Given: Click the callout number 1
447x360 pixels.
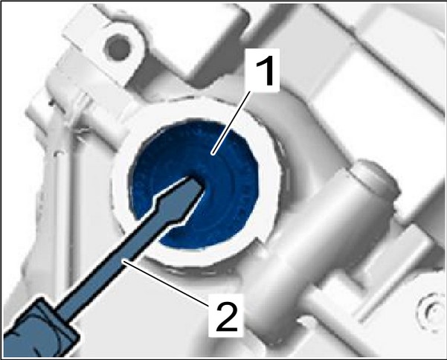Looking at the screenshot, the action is pyautogui.click(x=264, y=71).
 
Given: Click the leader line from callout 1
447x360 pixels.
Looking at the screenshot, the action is pyautogui.click(x=231, y=123).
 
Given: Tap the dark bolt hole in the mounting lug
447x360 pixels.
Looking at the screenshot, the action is pyautogui.click(x=116, y=47).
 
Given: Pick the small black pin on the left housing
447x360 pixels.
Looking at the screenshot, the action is pyautogui.click(x=51, y=101).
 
